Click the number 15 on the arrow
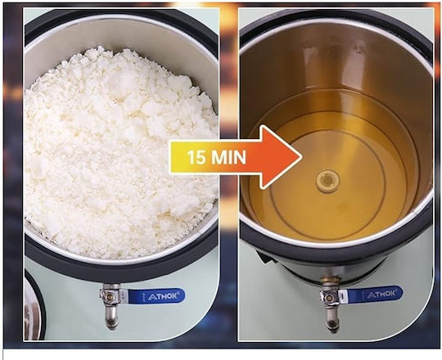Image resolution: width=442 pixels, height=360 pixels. click(x=196, y=157)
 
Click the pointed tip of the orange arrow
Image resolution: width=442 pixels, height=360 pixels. click(x=301, y=157)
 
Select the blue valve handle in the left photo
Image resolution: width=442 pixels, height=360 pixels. click(x=156, y=295)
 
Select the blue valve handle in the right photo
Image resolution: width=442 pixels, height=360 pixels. click(x=373, y=295)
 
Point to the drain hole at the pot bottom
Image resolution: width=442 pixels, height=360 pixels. click(x=327, y=179)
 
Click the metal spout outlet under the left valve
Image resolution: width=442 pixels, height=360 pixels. click(x=111, y=318)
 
